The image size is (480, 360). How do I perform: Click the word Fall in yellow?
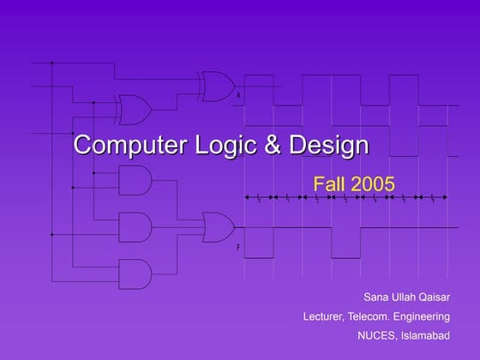click(331, 183)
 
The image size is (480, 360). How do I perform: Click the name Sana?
click(375, 297)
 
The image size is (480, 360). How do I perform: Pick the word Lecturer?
click(325, 316)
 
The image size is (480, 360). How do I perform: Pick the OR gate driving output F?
click(219, 227)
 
